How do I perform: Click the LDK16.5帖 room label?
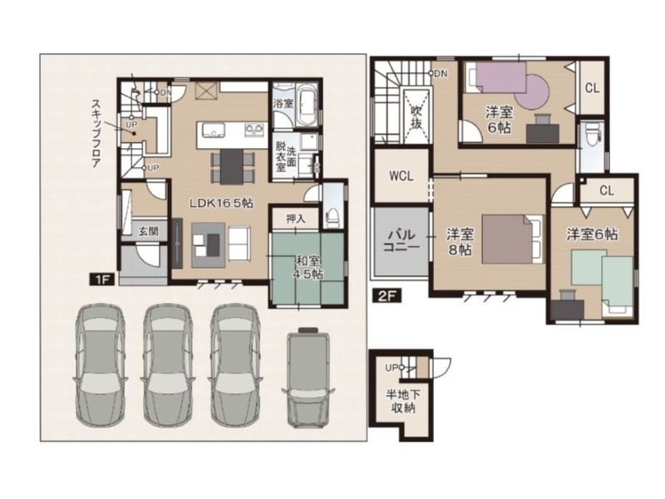(221, 203)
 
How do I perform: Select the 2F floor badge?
(387, 295)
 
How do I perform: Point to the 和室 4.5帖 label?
(308, 267)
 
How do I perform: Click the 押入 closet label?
(296, 219)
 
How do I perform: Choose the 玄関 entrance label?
(149, 231)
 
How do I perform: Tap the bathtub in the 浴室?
(308, 106)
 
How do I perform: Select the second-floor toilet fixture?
(593, 131)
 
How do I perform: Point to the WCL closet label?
(401, 175)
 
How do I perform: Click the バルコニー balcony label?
(401, 240)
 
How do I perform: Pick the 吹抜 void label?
(416, 117)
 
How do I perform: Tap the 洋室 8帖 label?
(461, 242)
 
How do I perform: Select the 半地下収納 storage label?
(403, 402)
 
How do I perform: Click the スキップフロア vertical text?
(96, 134)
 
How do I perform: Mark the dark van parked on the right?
(308, 378)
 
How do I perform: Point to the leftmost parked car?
(100, 365)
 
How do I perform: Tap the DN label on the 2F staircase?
(441, 74)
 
